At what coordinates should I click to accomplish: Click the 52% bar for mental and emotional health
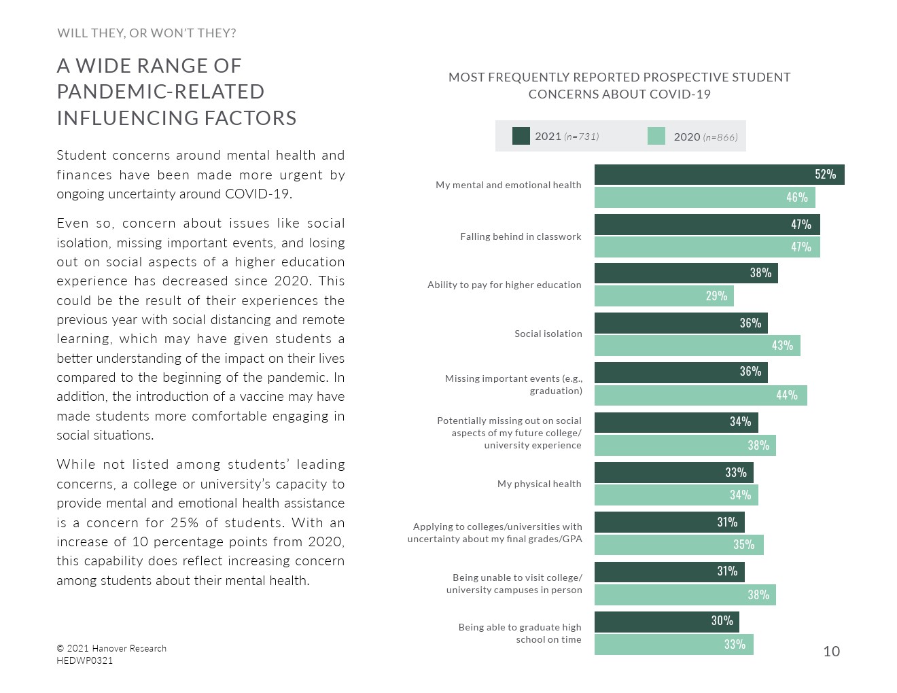point(719,175)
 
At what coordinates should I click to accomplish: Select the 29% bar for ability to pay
point(664,296)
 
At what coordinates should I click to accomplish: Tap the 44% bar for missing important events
point(701,395)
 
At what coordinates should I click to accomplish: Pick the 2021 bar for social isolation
point(681,323)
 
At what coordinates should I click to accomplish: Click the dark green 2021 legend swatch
point(521,136)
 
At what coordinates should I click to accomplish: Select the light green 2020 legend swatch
point(656,136)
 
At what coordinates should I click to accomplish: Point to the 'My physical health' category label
point(539,484)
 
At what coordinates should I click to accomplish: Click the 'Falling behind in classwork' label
point(521,236)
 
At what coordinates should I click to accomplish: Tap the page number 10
point(831,652)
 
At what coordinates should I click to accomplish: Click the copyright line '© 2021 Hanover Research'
point(111,648)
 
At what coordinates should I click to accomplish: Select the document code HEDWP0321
point(85,660)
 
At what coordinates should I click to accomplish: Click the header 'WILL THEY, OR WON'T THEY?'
point(147,33)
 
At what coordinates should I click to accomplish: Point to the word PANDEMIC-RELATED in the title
point(160,92)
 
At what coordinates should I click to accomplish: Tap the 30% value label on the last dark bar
point(722,620)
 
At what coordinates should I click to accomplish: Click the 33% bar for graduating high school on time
point(673,644)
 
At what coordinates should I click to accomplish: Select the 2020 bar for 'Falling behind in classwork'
point(707,247)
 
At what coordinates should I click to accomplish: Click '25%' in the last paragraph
point(185,522)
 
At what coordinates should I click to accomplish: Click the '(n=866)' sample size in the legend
point(720,137)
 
